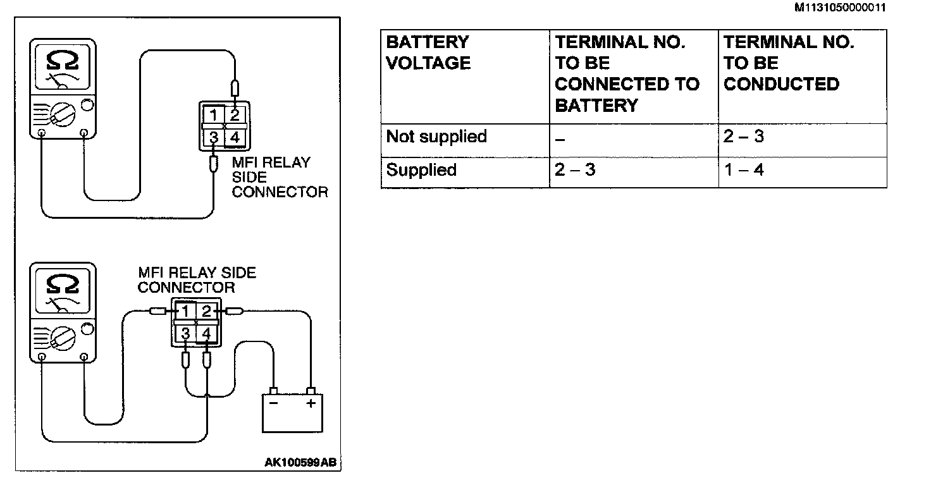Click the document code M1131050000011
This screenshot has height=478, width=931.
click(x=841, y=8)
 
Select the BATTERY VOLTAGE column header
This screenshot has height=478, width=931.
click(x=428, y=52)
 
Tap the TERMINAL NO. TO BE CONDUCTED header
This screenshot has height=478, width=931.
click(x=788, y=63)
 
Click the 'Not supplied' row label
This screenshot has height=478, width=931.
click(x=436, y=137)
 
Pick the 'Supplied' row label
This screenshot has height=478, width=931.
click(x=421, y=170)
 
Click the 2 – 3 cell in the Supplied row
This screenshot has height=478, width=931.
click(x=575, y=170)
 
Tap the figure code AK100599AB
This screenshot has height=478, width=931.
click(x=300, y=463)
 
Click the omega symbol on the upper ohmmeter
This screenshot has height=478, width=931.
click(x=63, y=61)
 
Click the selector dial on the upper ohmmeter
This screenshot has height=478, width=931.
click(x=63, y=116)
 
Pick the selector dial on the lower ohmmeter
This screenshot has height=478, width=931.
click(x=63, y=340)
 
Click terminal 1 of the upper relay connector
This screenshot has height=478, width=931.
click(x=214, y=114)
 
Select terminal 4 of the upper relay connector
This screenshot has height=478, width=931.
click(x=235, y=136)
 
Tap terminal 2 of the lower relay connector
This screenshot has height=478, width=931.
click(x=206, y=311)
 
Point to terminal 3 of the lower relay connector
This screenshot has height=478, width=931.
click(x=186, y=333)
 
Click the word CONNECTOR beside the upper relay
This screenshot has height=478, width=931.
click(x=280, y=192)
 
